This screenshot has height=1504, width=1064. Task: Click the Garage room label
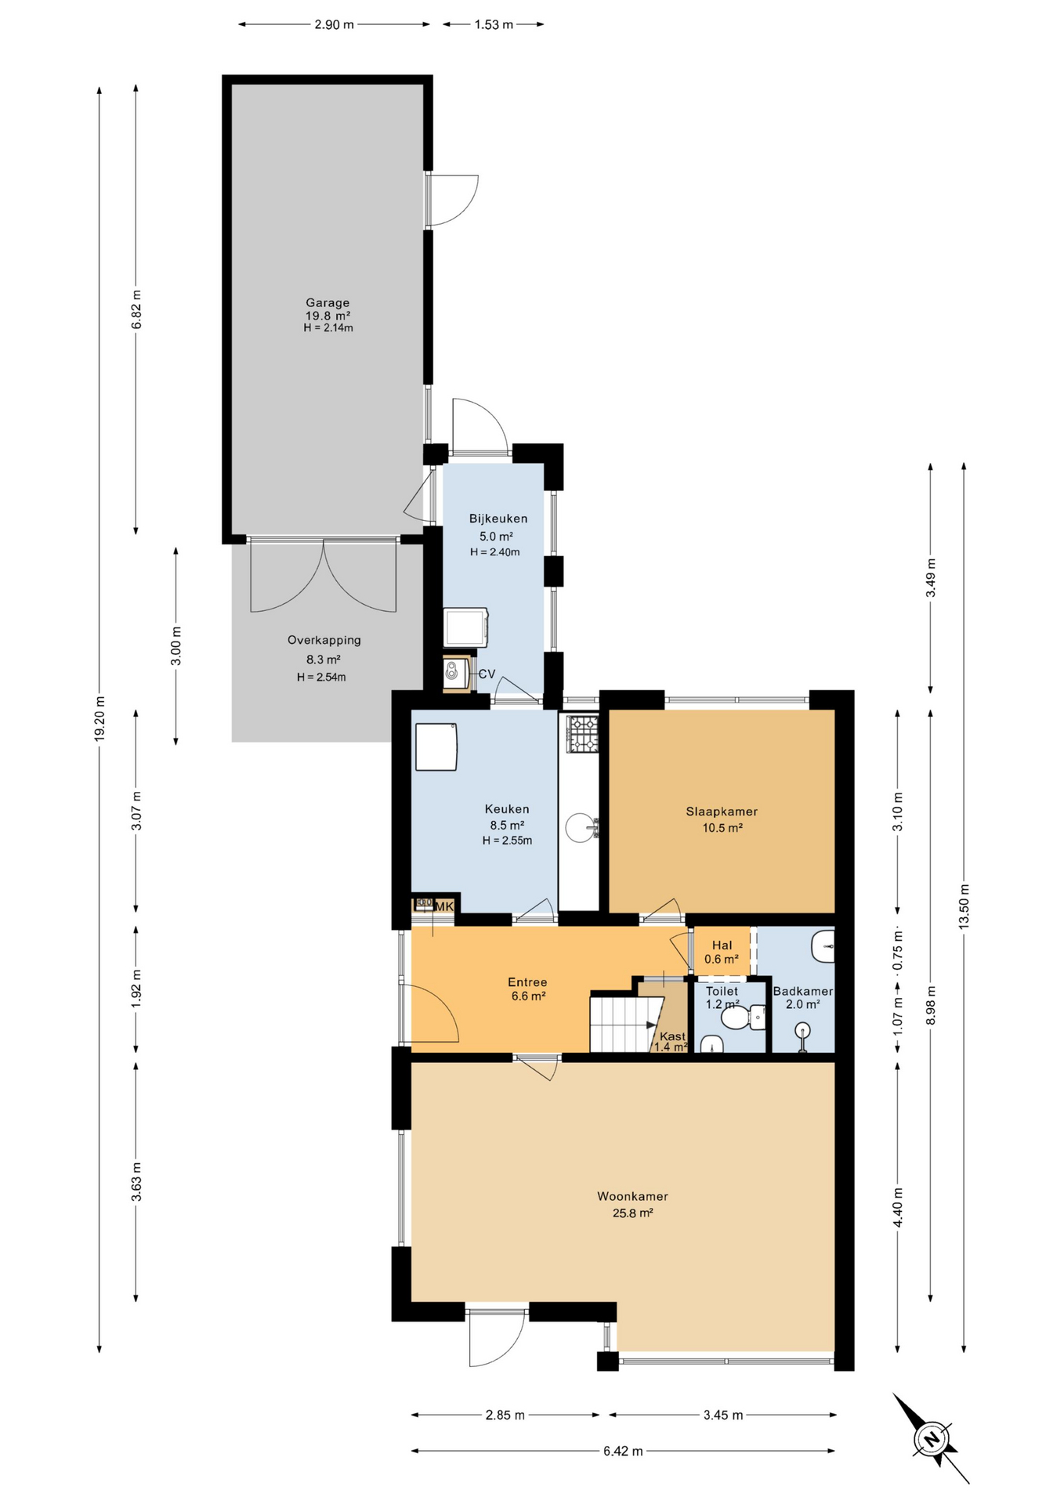click(328, 303)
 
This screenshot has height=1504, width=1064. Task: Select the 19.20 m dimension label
click(100, 718)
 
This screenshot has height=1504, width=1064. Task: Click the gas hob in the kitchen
click(582, 734)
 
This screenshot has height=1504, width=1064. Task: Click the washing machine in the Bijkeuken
click(465, 627)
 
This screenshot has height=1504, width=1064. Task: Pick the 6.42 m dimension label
click(623, 1451)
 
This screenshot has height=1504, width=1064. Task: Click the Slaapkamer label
click(722, 812)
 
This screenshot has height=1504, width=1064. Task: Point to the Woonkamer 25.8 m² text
click(632, 1204)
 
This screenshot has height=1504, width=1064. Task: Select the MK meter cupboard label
click(443, 906)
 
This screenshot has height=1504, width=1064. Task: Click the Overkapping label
click(324, 640)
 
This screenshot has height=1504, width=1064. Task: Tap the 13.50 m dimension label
click(964, 906)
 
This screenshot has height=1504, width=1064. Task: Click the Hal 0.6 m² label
click(721, 952)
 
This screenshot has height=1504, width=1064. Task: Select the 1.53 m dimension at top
click(494, 24)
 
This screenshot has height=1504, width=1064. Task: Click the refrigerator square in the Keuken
click(436, 747)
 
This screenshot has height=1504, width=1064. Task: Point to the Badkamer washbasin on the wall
click(823, 946)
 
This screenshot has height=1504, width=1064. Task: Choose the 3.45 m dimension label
click(722, 1415)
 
